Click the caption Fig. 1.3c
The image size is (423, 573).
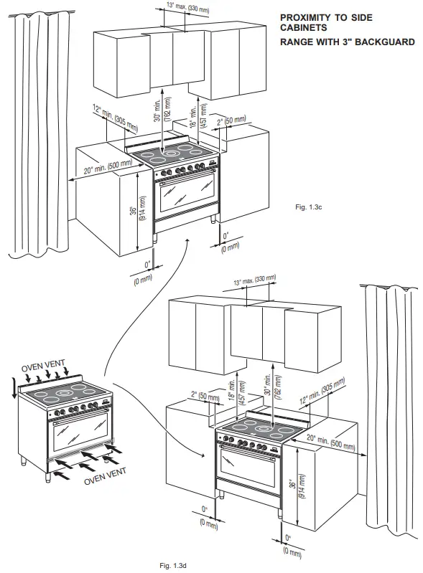309,207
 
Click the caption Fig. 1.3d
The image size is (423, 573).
173,566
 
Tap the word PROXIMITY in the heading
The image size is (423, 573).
305,17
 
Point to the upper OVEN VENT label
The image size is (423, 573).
43,366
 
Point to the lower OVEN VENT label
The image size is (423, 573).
105,476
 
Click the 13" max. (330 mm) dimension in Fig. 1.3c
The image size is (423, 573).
187,7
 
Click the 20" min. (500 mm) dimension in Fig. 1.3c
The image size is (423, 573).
108,166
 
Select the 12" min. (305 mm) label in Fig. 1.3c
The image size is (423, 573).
115,118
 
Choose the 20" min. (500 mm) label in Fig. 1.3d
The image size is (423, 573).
331,441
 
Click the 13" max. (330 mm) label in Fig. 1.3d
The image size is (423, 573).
255,280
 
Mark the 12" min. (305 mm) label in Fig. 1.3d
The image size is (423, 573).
322,391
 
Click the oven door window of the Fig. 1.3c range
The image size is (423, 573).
187,192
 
